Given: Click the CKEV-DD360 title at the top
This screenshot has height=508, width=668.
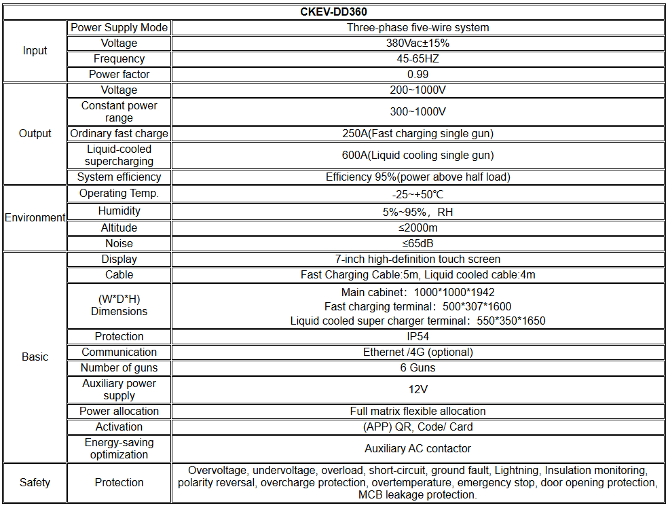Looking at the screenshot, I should [x=333, y=12].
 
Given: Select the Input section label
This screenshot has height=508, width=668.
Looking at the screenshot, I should [x=35, y=51].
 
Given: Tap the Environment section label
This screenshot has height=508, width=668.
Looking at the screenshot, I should [x=35, y=218].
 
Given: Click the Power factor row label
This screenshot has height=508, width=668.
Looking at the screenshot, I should [x=119, y=74].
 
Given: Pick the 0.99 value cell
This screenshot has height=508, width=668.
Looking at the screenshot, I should [x=417, y=74].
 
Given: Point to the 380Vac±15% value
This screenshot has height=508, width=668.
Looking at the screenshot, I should [x=417, y=43].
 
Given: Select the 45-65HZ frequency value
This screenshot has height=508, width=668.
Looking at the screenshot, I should [x=417, y=58].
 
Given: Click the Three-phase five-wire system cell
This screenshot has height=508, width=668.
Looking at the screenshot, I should [x=417, y=27].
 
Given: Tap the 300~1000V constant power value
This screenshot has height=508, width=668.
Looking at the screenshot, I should [x=417, y=111].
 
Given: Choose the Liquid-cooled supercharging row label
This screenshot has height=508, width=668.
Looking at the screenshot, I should [x=119, y=155].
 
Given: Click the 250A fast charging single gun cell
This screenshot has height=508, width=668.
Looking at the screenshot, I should [x=417, y=133].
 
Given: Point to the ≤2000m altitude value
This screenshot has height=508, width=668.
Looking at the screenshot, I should [x=417, y=228].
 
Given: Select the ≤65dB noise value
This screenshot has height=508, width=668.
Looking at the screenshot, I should [x=417, y=243].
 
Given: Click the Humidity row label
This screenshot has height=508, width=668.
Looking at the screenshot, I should [x=119, y=211].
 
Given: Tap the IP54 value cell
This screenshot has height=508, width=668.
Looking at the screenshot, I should [x=417, y=336].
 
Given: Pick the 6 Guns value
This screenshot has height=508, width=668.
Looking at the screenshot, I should [x=417, y=367].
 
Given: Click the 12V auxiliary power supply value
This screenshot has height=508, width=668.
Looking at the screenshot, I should [x=417, y=389].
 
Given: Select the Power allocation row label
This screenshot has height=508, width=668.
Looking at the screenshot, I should [x=119, y=411].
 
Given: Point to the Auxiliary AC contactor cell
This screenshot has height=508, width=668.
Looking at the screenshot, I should [x=417, y=448].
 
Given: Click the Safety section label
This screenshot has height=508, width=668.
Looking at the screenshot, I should [x=35, y=482].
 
